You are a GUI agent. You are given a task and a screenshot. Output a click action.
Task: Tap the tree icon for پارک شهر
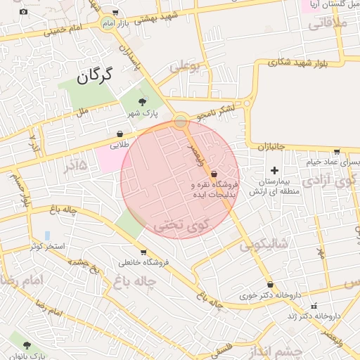(x=143, y=103)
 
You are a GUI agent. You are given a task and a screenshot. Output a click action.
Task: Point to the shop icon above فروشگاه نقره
(x=214, y=174)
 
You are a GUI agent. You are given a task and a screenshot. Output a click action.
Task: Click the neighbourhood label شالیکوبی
(x=264, y=245)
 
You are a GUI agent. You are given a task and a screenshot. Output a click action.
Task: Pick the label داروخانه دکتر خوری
(x=269, y=296)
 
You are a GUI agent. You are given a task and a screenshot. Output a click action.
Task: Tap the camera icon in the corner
(x=24, y=11)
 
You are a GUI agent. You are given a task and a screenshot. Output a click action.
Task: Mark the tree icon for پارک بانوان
(x=27, y=345)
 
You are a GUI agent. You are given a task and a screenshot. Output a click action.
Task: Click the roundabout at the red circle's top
(x=181, y=121)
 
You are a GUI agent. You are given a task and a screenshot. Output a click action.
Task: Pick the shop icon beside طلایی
(x=120, y=134)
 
